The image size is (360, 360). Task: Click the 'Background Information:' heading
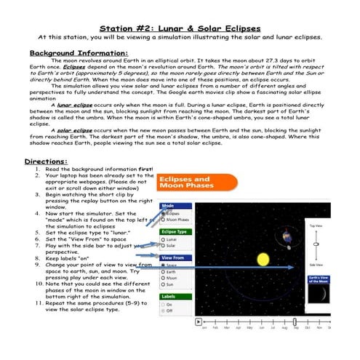click(x=79, y=53)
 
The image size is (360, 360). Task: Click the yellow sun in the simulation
click(x=263, y=259)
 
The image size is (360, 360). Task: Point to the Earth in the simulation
click(x=289, y=238)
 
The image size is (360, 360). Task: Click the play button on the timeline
click(x=198, y=321)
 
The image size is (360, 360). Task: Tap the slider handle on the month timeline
click(x=295, y=321)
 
